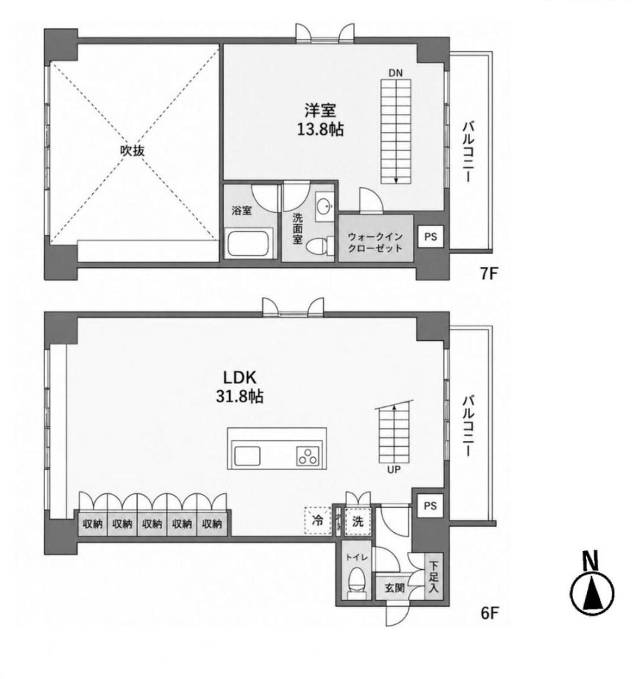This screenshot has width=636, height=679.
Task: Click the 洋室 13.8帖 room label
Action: pos(320,119)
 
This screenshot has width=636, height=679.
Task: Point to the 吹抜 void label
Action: pos(132,151)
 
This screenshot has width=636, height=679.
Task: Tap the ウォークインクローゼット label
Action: pos(375,242)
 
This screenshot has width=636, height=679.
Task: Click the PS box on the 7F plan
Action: pos(430,237)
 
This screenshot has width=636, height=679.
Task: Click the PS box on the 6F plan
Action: pos(430,505)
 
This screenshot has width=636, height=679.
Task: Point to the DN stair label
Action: pos(395,73)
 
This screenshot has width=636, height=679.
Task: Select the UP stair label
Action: pos(394,470)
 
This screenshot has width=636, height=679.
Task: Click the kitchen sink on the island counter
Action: pos(247,455)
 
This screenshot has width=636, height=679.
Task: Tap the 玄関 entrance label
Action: pos(395,588)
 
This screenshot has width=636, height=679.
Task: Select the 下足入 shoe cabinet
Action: pos(434,577)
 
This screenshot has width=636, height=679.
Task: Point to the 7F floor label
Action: pos(488,274)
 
